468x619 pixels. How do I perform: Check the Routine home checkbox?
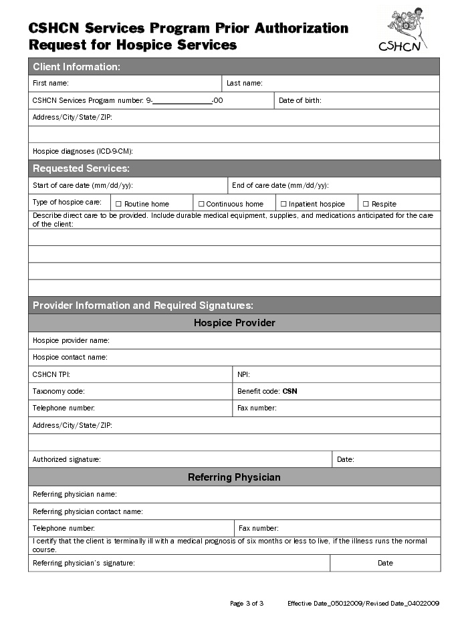click(118, 204)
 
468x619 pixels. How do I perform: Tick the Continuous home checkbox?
click(201, 204)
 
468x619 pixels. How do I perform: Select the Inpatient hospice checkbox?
click(283, 204)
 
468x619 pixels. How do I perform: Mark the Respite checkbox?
click(366, 204)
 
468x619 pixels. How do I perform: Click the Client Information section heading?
click(76, 67)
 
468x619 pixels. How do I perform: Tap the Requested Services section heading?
click(81, 168)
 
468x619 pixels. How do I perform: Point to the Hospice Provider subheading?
click(234, 323)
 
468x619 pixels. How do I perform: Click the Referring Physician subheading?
click(234, 477)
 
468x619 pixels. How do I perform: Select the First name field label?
click(51, 84)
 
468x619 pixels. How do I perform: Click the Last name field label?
click(244, 84)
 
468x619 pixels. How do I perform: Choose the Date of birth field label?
click(300, 101)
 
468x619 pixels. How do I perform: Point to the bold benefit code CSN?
click(289, 391)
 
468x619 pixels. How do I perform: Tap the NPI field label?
click(243, 374)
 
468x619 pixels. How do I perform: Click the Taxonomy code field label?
click(59, 391)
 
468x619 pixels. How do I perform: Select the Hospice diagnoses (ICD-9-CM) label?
click(87, 152)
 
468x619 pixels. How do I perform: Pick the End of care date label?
click(279, 185)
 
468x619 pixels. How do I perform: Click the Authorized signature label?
click(66, 459)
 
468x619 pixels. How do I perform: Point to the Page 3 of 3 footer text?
click(247, 604)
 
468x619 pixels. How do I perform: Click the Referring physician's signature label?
click(84, 563)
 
